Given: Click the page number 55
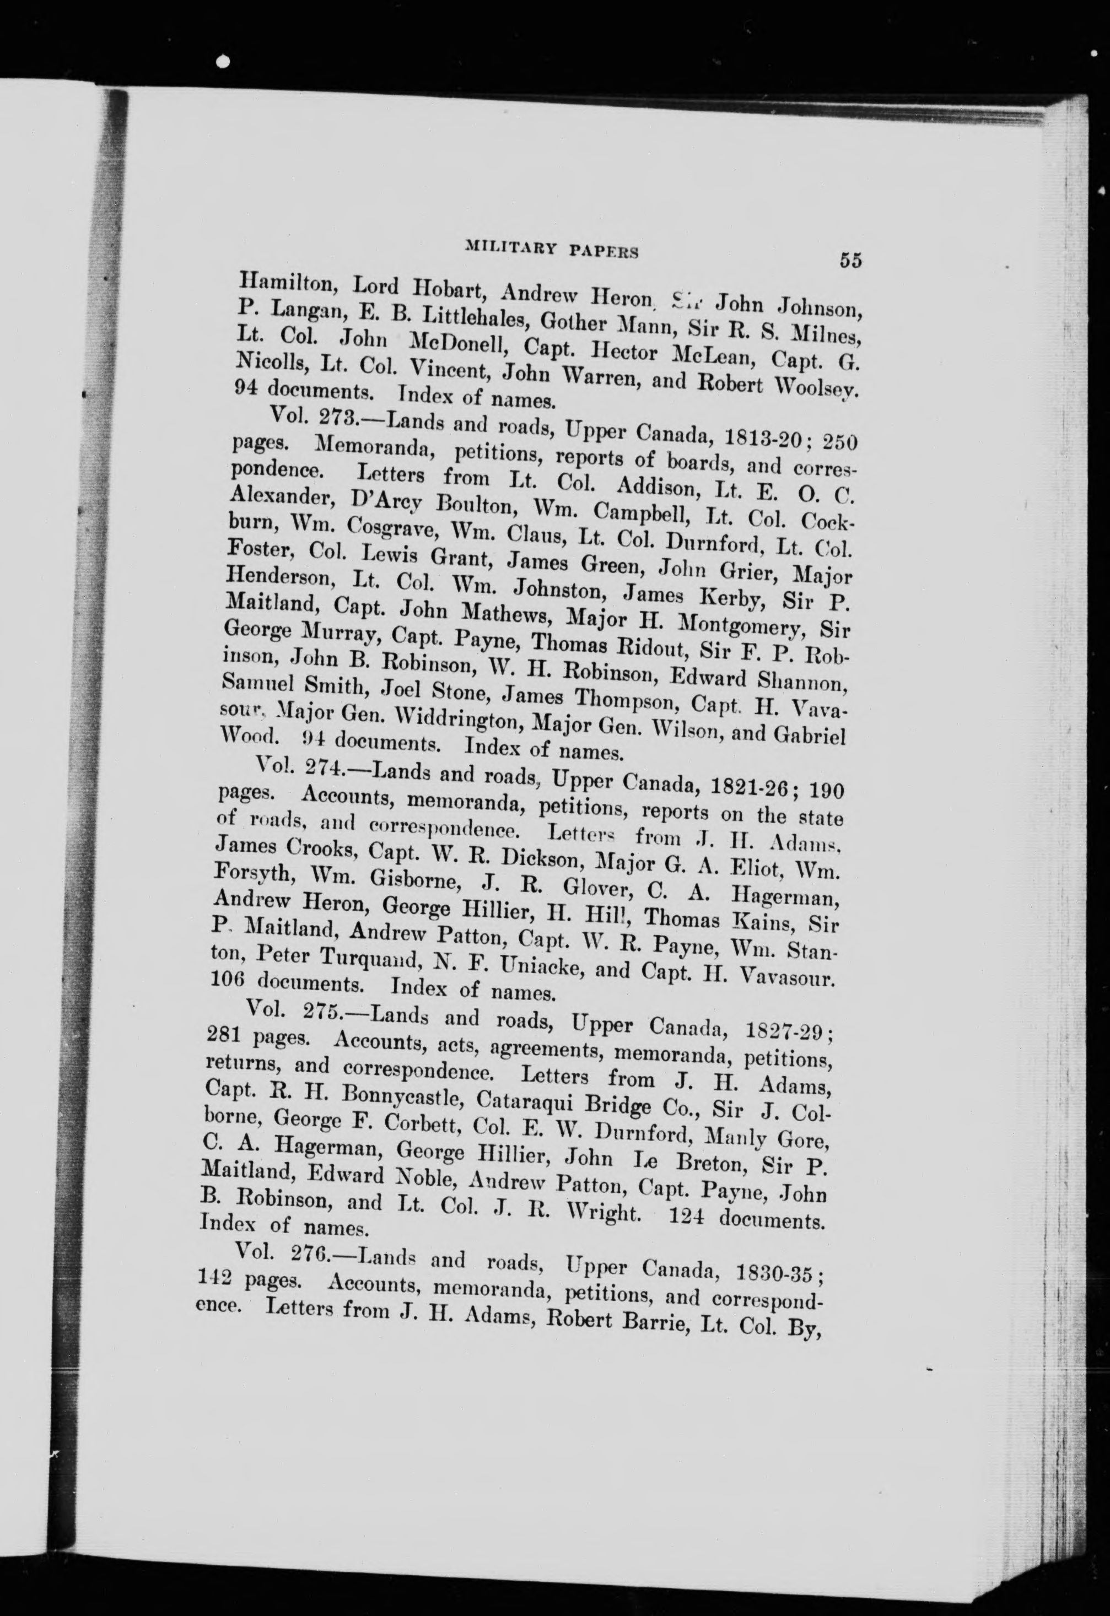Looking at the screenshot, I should coord(850,260).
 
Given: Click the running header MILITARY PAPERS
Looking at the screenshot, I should coord(552,248).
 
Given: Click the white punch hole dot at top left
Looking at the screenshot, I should coord(223,62).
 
